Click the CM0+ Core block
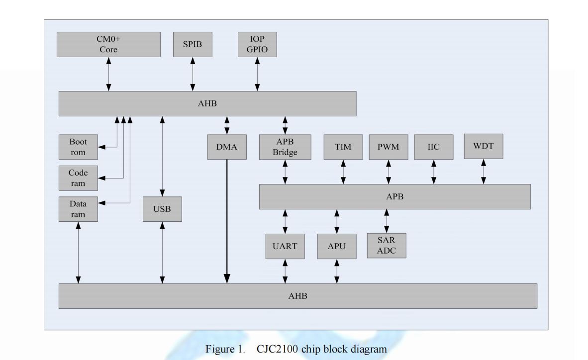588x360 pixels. [108, 44]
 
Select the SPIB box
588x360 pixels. [193, 44]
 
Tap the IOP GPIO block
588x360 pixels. [257, 44]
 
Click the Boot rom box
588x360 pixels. [78, 147]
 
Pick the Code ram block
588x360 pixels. [78, 178]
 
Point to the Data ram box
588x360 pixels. [78, 209]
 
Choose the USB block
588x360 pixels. [162, 209]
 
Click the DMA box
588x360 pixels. [227, 147]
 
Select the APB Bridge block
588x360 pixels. [285, 147]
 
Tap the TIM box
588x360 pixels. [343, 147]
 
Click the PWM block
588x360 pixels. [389, 147]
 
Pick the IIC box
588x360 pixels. [434, 147]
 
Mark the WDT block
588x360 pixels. [484, 146]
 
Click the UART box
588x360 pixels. [285, 246]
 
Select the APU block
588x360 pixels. [337, 246]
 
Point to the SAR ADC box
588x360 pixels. [387, 246]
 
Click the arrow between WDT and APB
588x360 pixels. [484, 172]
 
